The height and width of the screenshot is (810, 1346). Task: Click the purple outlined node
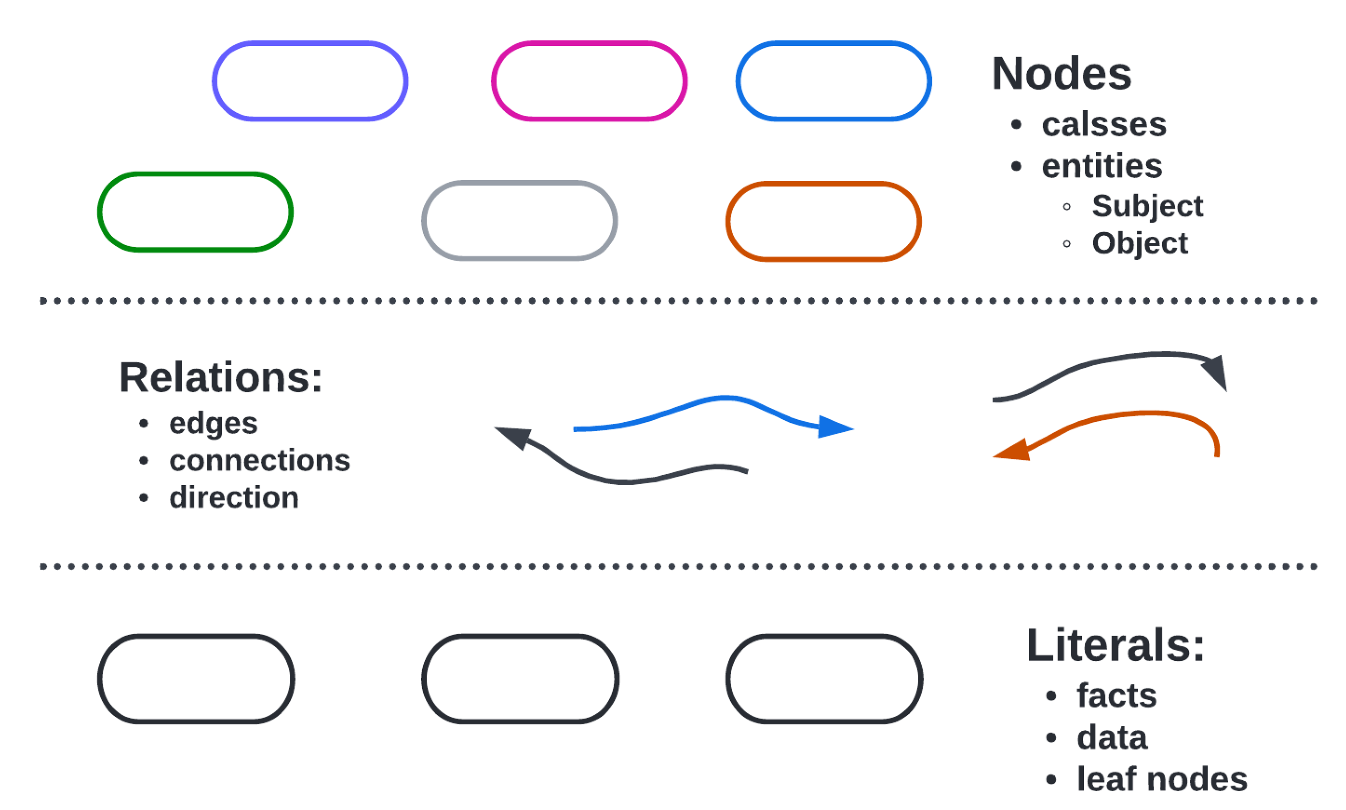pyautogui.click(x=310, y=81)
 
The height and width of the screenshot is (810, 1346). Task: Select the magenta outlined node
pyautogui.click(x=589, y=81)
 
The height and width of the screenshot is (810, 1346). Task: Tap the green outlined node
pyautogui.click(x=195, y=212)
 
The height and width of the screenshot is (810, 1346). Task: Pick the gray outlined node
pyautogui.click(x=519, y=220)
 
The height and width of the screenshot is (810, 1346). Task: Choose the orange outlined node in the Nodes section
pyautogui.click(x=823, y=221)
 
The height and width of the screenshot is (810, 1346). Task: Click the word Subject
pyautogui.click(x=1147, y=206)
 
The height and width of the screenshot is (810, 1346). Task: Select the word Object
pyautogui.click(x=1139, y=243)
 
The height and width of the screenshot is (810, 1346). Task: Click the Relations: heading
pyautogui.click(x=220, y=377)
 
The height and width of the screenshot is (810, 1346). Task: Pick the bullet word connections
pyautogui.click(x=259, y=460)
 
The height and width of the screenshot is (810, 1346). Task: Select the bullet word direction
pyautogui.click(x=234, y=497)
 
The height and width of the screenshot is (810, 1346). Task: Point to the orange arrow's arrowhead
pyautogui.click(x=1012, y=452)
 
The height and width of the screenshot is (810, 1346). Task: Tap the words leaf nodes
pyautogui.click(x=1161, y=779)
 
